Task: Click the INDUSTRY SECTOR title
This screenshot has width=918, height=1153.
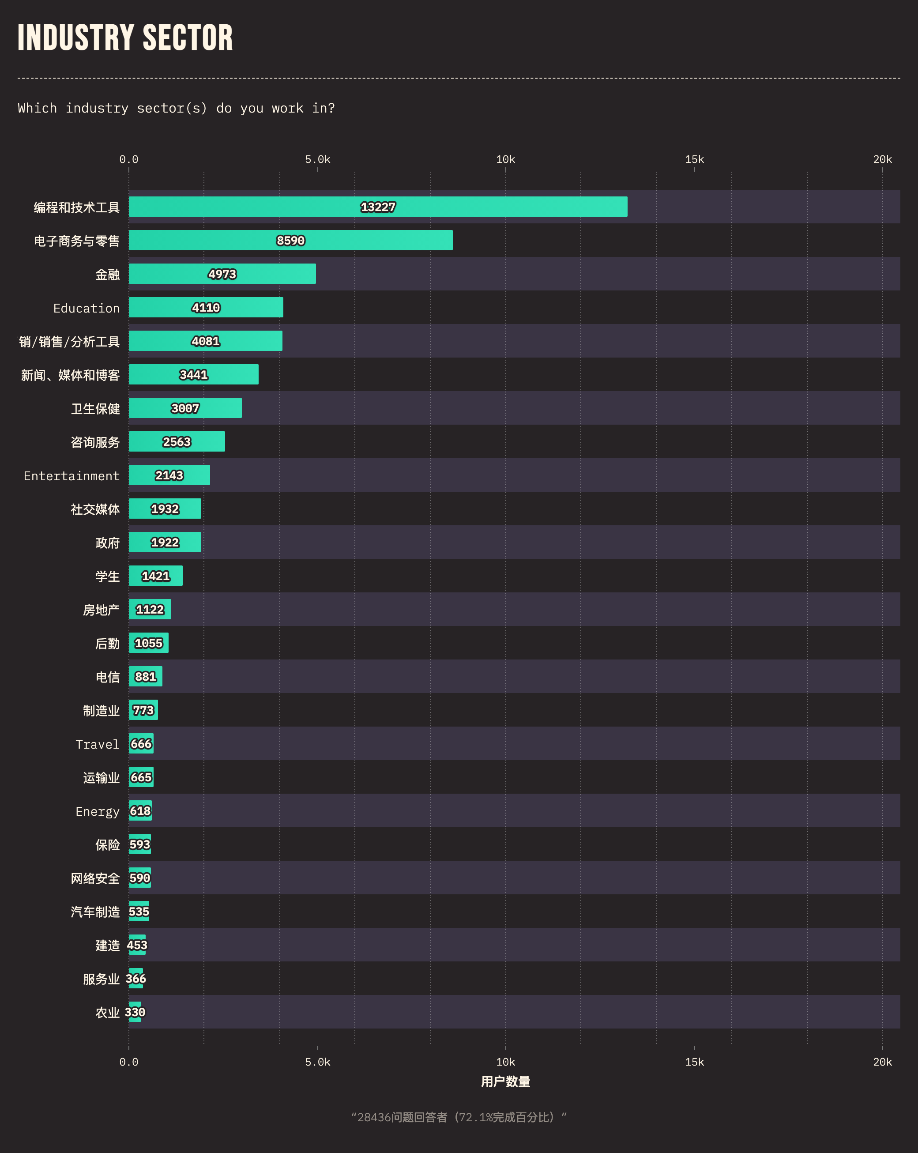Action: (125, 38)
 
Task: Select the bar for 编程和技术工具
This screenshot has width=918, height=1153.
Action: (377, 207)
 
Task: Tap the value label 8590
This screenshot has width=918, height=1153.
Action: (290, 241)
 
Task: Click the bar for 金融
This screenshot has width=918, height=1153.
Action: (222, 274)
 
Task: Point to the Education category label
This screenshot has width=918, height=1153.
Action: (86, 309)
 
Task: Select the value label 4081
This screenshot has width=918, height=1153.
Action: (205, 341)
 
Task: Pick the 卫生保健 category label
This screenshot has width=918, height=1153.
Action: (95, 409)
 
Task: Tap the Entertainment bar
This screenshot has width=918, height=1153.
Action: (169, 475)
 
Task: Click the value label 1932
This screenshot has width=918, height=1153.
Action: (165, 509)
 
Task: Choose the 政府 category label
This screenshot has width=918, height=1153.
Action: (107, 543)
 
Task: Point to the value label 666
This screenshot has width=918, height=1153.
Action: (141, 744)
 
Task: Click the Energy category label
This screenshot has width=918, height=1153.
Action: (97, 812)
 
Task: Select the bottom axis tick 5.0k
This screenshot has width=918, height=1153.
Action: (318, 1062)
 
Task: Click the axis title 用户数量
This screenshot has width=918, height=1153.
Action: (505, 1081)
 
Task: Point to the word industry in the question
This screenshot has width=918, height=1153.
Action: (97, 109)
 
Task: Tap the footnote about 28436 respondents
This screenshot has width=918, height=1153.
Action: (459, 1117)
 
